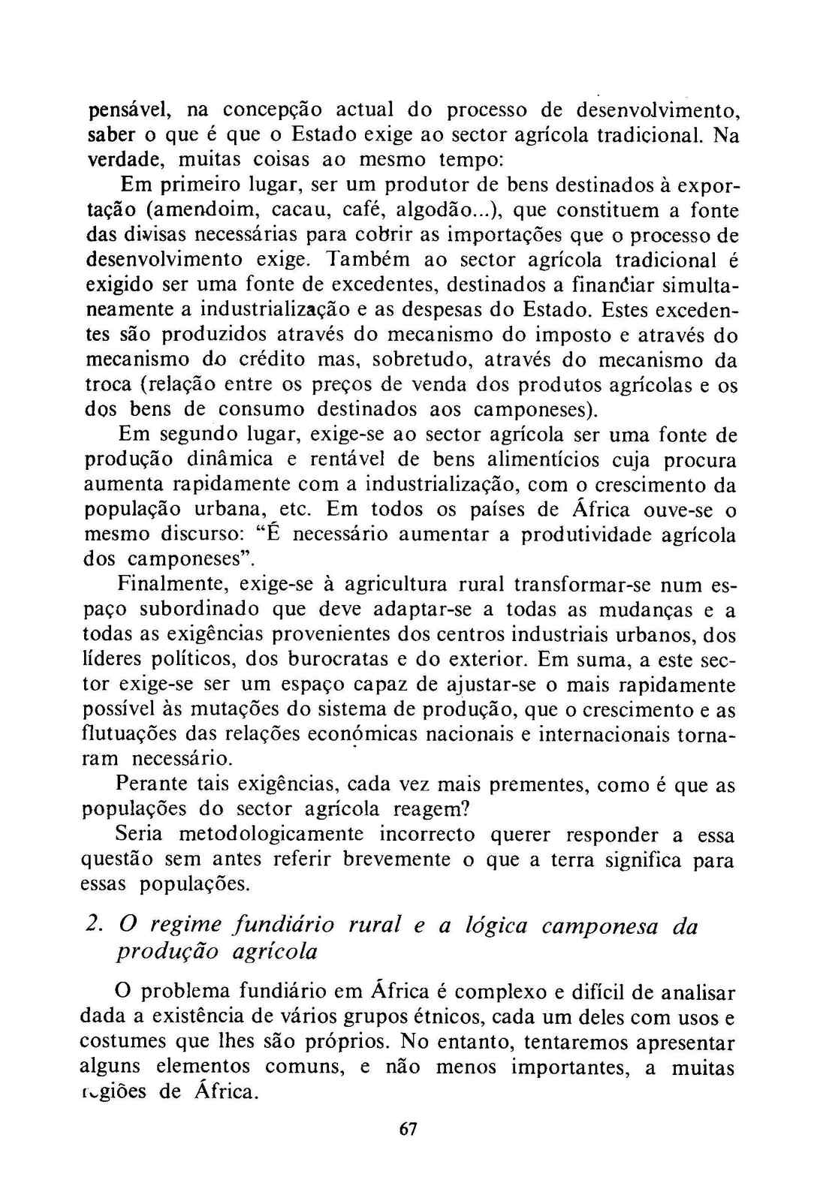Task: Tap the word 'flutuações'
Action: click(x=122, y=735)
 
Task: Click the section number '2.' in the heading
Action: click(x=93, y=926)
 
